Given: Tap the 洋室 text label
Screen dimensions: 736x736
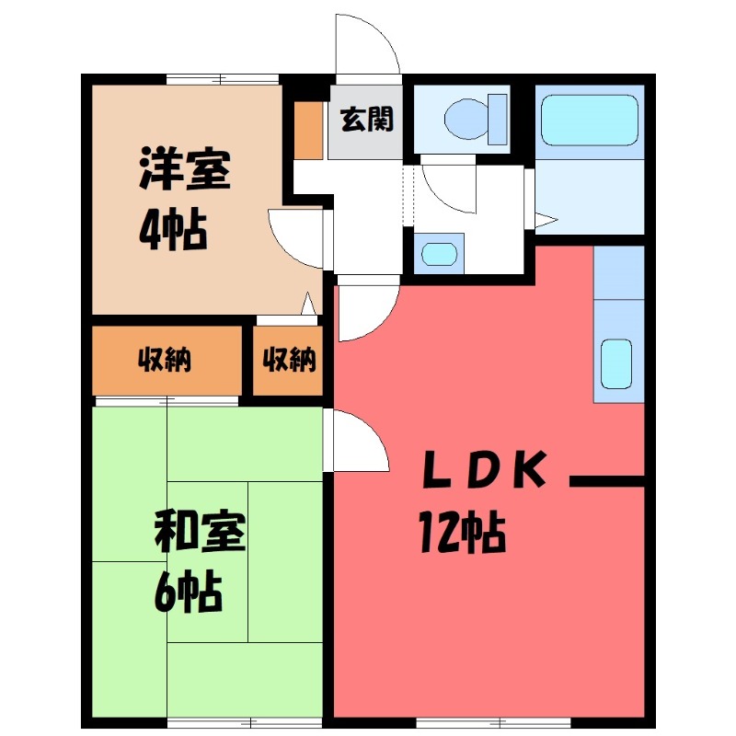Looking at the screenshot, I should tap(184, 168).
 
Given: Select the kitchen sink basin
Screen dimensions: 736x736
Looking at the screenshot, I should tap(616, 363).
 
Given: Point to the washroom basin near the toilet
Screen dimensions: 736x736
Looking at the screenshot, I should tap(437, 254).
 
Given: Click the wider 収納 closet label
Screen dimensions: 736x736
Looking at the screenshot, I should tap(166, 361).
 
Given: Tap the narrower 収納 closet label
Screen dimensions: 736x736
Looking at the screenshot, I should tap(290, 361).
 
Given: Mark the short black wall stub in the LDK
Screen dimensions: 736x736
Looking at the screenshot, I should tap(607, 480).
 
